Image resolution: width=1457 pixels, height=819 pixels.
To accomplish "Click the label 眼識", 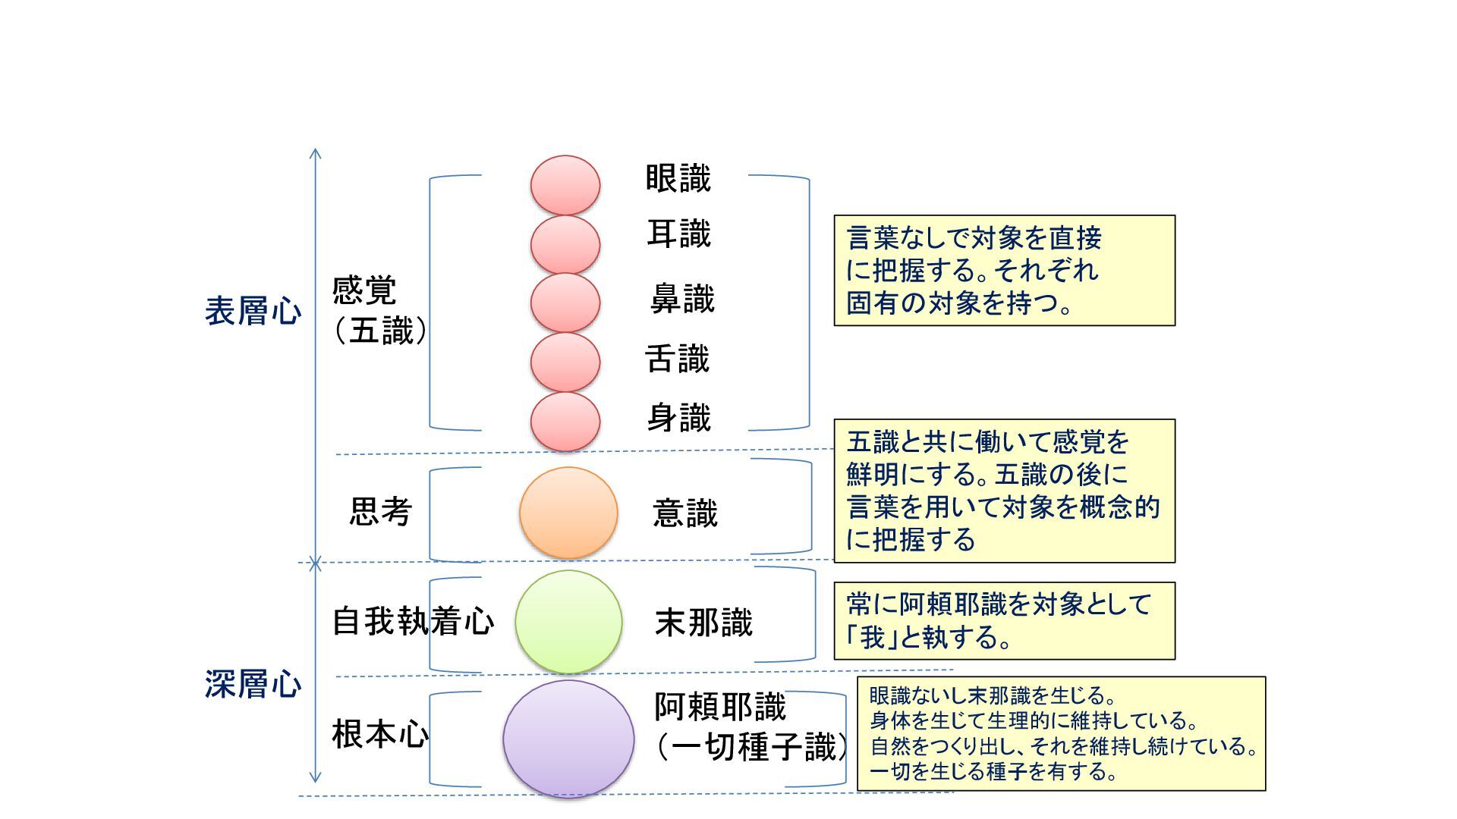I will pos(678,179).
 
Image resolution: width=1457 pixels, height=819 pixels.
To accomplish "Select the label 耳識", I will pos(678,234).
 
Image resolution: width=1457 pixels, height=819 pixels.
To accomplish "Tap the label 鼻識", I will pos(682,299).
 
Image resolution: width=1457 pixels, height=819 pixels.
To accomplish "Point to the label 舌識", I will pos(677,359).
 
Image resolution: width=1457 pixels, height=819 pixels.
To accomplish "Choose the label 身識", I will pos(678,418).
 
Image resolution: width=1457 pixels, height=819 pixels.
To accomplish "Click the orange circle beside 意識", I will pos(568,513).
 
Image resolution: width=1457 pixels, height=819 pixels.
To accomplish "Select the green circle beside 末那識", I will pos(568,622).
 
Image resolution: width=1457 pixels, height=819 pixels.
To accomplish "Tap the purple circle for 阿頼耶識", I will pos(568,739).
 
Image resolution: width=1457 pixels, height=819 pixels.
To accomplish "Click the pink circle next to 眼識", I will pos(565,185).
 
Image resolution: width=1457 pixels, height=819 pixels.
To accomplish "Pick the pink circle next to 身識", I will pos(565,422).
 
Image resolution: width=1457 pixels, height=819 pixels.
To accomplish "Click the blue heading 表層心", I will pos(253,312).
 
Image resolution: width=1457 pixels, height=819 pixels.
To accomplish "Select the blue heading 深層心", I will pos(253,684).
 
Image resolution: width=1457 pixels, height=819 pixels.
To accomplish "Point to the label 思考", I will pos(380,512).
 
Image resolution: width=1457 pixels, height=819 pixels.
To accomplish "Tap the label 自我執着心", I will pos(413,622).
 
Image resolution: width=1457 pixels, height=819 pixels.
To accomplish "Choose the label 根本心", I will pos(380,734).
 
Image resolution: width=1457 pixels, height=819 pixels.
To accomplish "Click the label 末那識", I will pos(703,623).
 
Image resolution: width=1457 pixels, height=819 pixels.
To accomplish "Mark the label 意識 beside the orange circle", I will pos(684,513).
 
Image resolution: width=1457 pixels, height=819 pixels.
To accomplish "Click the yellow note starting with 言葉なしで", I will pos(1004,271).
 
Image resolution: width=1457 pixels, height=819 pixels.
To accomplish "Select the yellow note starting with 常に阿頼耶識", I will pos(1004,621).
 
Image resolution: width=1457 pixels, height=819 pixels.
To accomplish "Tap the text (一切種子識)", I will pos(751,748).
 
